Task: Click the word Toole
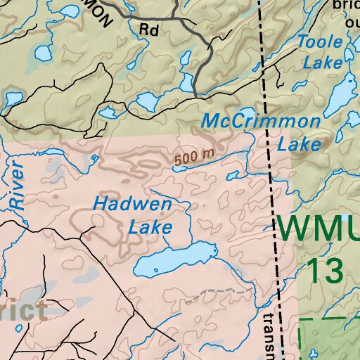click(321, 42)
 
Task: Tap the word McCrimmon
click(260, 122)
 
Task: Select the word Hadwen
click(133, 205)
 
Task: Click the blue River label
click(16, 186)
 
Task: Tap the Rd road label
click(148, 30)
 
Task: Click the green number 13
click(323, 269)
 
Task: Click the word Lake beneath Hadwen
click(150, 228)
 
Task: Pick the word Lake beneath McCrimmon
click(300, 145)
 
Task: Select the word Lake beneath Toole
click(323, 62)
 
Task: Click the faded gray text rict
click(24, 310)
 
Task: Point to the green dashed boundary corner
click(301, 321)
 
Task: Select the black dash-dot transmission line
click(270, 176)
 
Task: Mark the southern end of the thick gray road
click(195, 93)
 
